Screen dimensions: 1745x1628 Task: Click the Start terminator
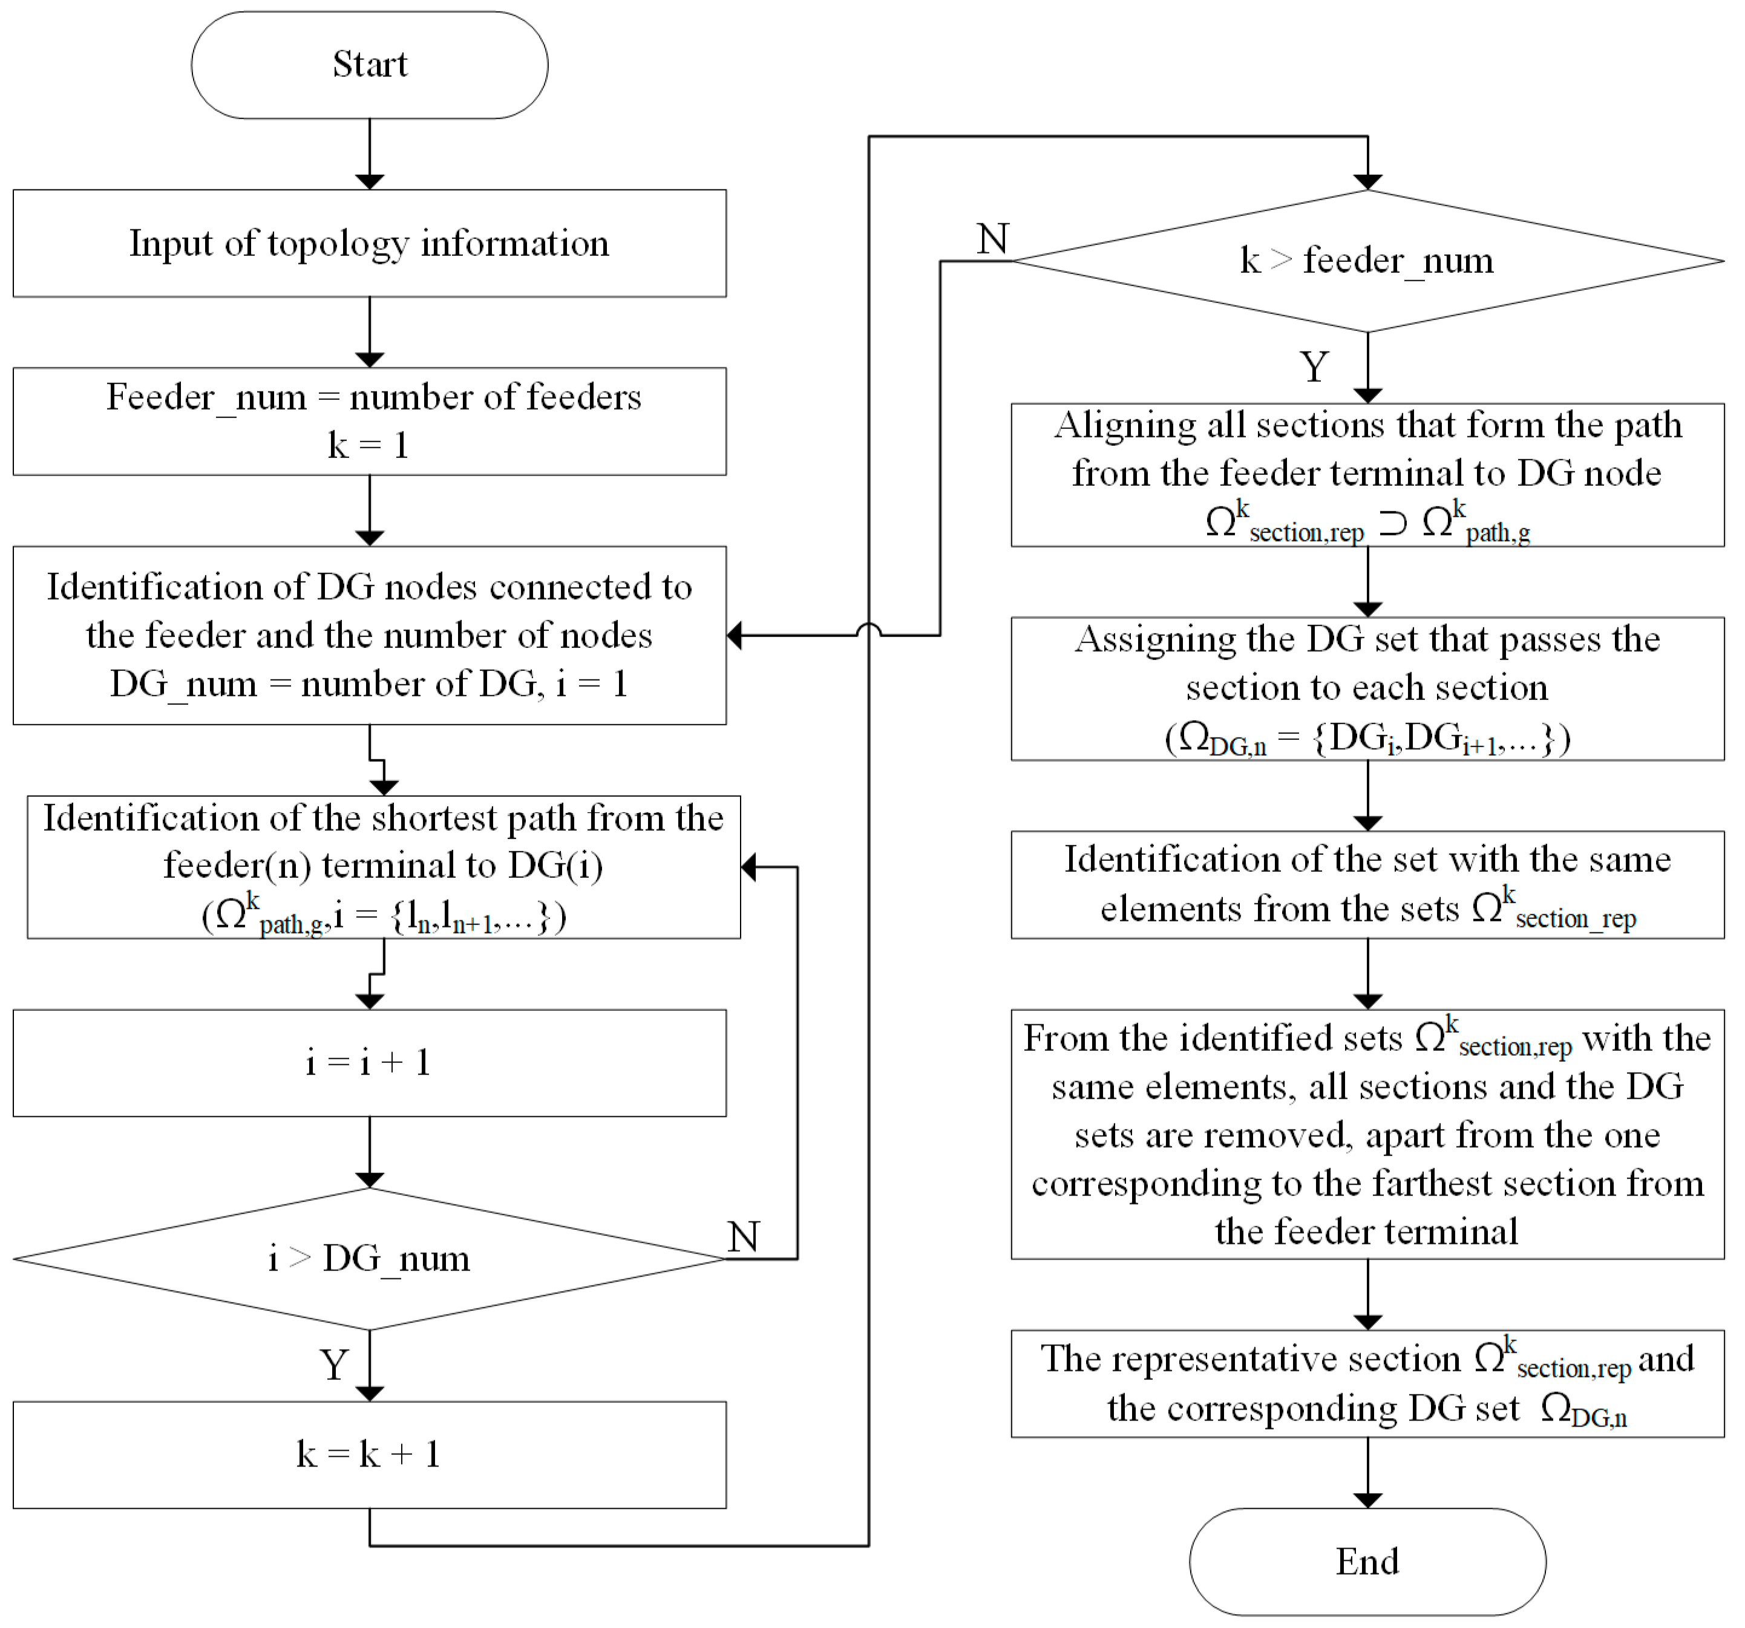(370, 65)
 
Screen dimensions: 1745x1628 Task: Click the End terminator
(1367, 1561)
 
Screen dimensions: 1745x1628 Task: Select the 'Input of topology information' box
(370, 243)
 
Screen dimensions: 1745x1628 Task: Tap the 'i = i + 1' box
(370, 1063)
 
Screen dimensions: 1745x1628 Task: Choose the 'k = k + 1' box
(370, 1454)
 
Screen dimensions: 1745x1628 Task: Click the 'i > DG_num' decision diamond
(370, 1258)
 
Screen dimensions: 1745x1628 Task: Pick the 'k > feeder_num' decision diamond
(1367, 261)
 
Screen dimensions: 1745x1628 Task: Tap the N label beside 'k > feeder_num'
(993, 239)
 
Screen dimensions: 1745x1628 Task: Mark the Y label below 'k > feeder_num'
(1314, 367)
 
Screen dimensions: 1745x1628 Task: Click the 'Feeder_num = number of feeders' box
(370, 421)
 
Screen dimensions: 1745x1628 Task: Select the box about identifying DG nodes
(370, 635)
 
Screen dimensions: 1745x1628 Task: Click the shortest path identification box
(384, 867)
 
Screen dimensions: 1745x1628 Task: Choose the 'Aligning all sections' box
(1367, 475)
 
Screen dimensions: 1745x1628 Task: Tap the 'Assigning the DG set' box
(1367, 689)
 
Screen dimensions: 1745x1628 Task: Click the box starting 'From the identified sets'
(1367, 1134)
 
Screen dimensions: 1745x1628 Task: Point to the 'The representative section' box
(1367, 1383)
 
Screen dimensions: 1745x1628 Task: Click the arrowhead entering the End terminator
(1367, 1501)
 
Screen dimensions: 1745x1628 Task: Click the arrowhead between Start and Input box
(370, 181)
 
